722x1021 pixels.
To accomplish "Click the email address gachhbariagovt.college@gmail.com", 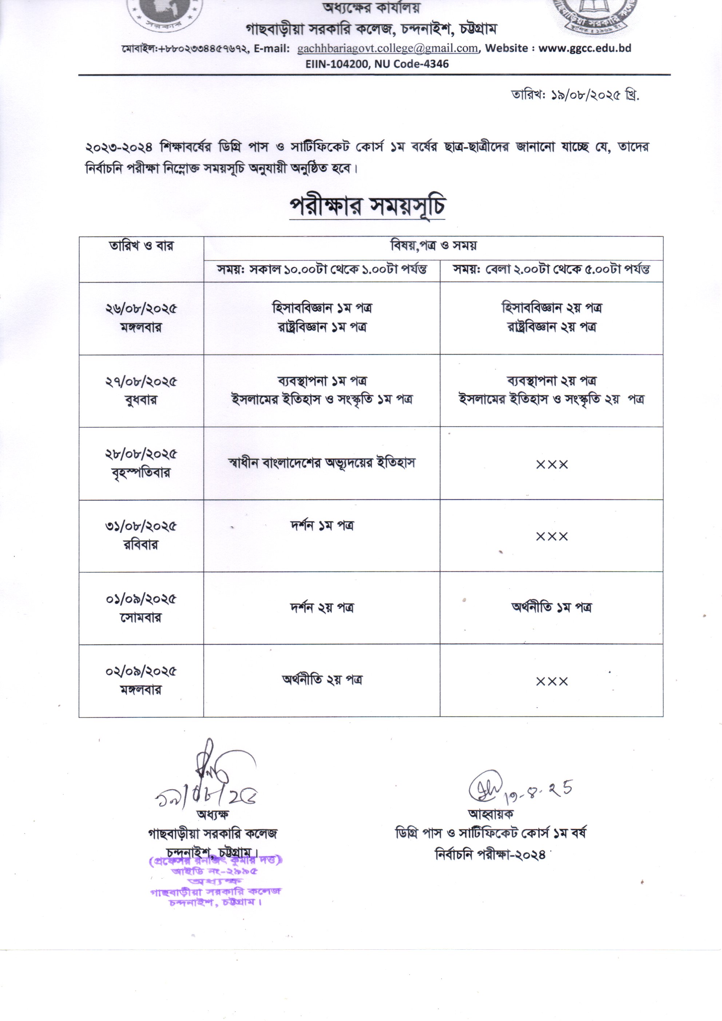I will tap(387, 48).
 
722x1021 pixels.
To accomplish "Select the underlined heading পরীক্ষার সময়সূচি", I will tap(367, 207).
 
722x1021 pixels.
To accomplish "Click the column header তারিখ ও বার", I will tap(141, 246).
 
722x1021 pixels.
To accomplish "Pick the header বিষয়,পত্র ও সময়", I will tap(433, 246).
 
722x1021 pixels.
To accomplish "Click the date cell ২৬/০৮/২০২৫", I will tap(141, 309).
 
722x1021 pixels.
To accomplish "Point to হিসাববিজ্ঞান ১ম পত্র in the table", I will tap(322, 308).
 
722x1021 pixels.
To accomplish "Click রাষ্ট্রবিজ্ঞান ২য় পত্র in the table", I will tap(551, 327).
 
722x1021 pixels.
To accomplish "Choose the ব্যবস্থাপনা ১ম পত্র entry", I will tap(322, 381).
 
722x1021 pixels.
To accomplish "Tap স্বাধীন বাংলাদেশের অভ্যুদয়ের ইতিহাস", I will tap(322, 463).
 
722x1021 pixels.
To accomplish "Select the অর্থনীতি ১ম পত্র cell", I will tap(551, 608).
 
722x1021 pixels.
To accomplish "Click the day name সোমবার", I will tap(141, 618).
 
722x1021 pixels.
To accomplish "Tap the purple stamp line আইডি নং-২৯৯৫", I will tap(214, 871).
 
